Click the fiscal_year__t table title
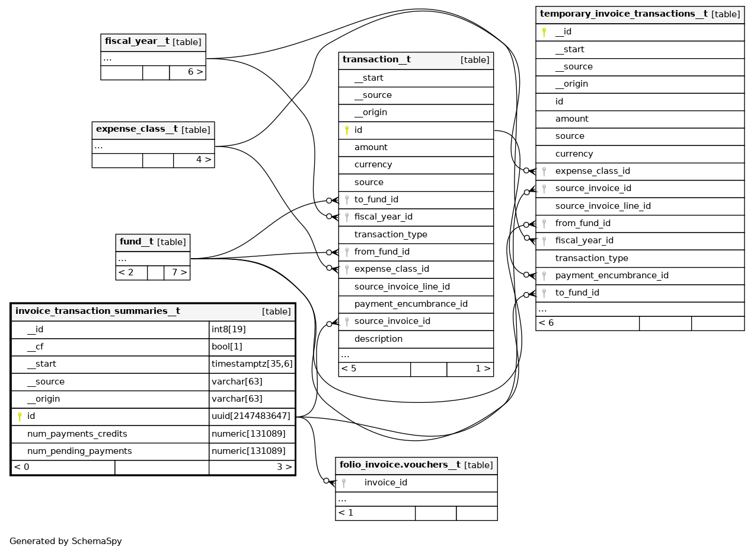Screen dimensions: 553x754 pos(137,42)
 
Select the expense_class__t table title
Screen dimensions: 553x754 pos(137,129)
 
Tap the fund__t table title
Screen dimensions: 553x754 pos(137,241)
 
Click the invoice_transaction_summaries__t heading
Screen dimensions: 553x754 pos(98,311)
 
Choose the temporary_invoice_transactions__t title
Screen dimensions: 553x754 pos(624,14)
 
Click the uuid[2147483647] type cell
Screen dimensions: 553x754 pos(251,417)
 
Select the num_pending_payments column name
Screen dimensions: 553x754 pos(79,451)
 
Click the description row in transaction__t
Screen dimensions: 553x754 pos(378,339)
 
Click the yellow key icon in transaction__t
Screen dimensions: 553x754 pos(347,130)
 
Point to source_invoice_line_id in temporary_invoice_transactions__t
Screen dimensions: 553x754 pos(603,206)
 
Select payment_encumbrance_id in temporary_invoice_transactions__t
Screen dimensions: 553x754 pos(612,275)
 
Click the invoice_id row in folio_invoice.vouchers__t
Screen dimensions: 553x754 pos(385,482)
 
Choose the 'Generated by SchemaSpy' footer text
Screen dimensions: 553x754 pos(66,541)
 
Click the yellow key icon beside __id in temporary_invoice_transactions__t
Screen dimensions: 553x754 pos(544,32)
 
